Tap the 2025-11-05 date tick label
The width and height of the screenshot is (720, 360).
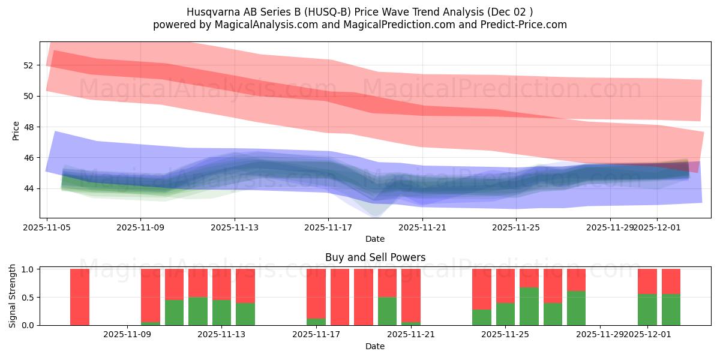47,227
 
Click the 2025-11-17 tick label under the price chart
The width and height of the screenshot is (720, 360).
328,227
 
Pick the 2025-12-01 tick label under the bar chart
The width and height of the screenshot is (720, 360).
647,334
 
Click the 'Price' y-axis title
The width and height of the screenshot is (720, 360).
16,130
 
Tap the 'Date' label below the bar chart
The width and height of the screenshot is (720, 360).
375,346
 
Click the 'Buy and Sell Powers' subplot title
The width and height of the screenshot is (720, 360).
375,257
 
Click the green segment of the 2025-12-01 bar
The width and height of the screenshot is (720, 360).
647,310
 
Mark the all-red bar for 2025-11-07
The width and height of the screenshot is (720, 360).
80,297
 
